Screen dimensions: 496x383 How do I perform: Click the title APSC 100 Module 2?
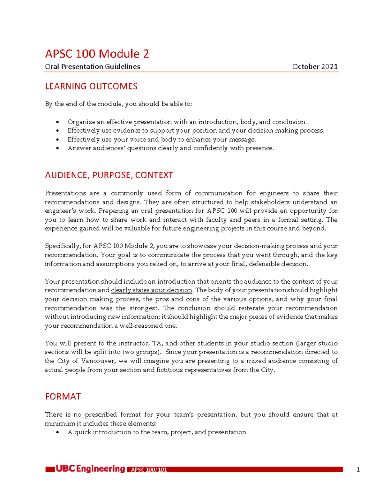(97, 54)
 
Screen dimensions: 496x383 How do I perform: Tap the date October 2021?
(315, 66)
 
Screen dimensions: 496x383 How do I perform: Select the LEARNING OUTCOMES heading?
(91, 86)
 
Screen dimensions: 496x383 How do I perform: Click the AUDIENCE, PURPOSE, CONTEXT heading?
(109, 175)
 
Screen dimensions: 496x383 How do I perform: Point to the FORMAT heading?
(63, 396)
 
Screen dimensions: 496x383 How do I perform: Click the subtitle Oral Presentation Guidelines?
(93, 66)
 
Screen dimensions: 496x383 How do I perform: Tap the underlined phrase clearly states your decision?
(151, 290)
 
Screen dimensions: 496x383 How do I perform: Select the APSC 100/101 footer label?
(149, 469)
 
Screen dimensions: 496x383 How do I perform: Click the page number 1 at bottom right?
(358, 469)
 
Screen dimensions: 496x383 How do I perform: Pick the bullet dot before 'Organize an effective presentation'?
(57, 122)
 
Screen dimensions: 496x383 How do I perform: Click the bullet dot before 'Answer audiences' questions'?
(57, 148)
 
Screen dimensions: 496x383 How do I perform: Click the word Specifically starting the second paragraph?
(63, 246)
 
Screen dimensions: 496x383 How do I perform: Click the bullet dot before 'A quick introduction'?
(57, 432)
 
